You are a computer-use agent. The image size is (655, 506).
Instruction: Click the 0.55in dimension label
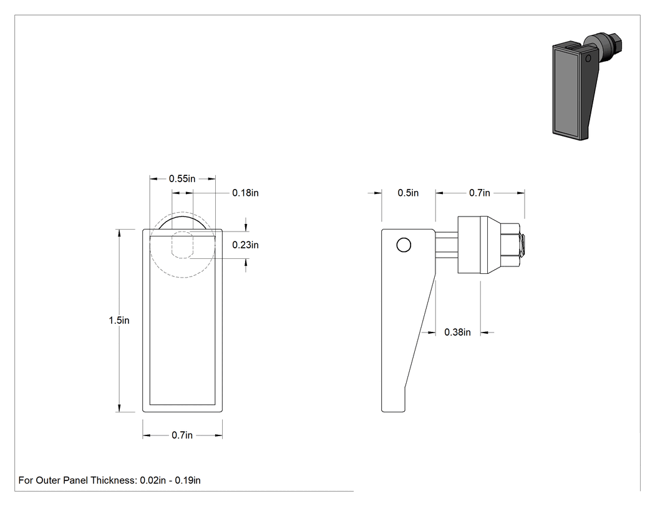pyautogui.click(x=182, y=179)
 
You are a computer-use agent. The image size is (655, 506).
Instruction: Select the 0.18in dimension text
pyautogui.click(x=245, y=193)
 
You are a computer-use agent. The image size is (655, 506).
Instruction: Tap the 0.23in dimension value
pyautogui.click(x=245, y=245)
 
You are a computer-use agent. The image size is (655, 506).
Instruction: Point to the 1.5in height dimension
pyautogui.click(x=119, y=321)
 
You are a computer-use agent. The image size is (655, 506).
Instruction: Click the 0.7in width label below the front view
pyautogui.click(x=182, y=435)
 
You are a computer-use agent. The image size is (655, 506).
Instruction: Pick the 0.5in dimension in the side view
pyautogui.click(x=408, y=193)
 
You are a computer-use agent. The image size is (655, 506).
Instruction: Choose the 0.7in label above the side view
pyautogui.click(x=480, y=193)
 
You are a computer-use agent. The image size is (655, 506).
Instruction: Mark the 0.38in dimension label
pyautogui.click(x=457, y=332)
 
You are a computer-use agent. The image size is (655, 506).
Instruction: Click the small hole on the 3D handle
pyautogui.click(x=588, y=58)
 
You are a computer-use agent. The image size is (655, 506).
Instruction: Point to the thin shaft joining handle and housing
pyautogui.click(x=447, y=245)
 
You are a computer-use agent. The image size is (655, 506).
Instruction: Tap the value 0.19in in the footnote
pyautogui.click(x=188, y=480)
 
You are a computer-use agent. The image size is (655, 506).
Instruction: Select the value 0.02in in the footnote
pyautogui.click(x=153, y=480)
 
